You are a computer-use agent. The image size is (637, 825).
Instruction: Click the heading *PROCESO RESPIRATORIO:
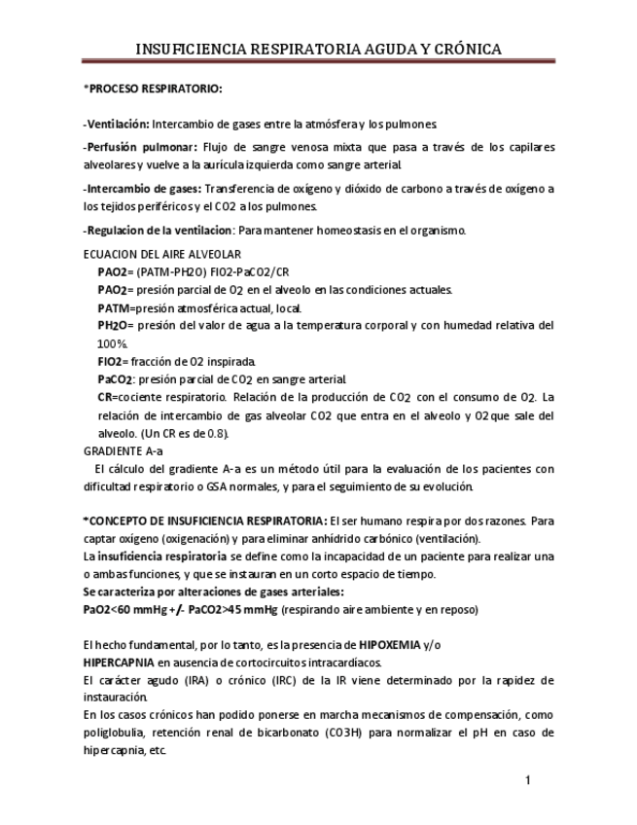(x=154, y=90)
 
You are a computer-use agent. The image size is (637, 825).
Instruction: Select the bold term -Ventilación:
(x=116, y=125)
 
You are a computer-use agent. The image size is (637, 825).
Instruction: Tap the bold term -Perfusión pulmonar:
(x=140, y=148)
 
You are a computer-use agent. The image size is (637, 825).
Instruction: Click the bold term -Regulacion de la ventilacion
(x=158, y=230)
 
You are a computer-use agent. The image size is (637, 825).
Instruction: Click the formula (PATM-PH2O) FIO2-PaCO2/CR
(x=206, y=271)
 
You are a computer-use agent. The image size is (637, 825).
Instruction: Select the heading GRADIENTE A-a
(x=124, y=450)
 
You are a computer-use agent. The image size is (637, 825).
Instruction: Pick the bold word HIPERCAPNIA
(x=120, y=663)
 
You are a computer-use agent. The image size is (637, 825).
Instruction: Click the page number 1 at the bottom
(x=527, y=780)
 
